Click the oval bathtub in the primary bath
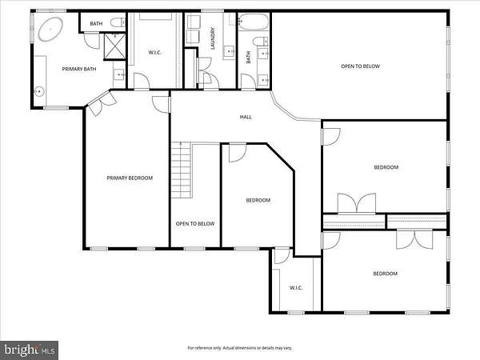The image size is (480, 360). click(x=50, y=29)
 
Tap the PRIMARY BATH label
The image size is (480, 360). click(x=79, y=69)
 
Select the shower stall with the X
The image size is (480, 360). click(x=114, y=46)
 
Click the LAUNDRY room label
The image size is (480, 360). click(x=213, y=38)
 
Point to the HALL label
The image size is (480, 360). click(x=246, y=117)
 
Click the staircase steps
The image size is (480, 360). click(x=182, y=170)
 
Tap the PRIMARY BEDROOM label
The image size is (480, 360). click(x=130, y=178)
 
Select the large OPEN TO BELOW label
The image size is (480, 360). click(x=360, y=66)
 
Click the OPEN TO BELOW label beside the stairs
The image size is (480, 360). click(x=195, y=224)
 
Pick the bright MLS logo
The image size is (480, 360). click(x=29, y=350)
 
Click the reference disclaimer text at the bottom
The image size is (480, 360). click(x=240, y=348)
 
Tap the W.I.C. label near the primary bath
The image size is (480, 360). click(x=155, y=52)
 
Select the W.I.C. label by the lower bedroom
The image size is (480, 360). click(x=296, y=288)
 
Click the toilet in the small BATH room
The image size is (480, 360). click(x=118, y=22)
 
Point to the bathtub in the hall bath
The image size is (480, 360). click(x=253, y=22)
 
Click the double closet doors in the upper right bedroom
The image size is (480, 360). click(x=357, y=202)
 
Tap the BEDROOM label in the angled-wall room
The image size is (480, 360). click(x=258, y=200)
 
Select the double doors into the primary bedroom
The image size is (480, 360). click(x=102, y=102)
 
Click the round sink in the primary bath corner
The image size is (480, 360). click(x=39, y=91)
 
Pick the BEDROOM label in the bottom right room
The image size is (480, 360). click(x=385, y=274)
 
